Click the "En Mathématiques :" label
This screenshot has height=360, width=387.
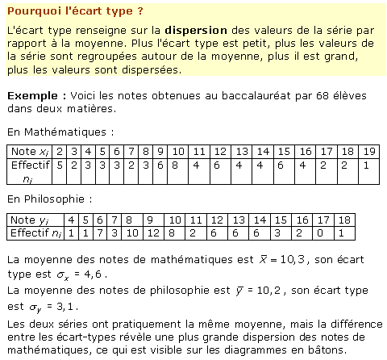pos(60,130)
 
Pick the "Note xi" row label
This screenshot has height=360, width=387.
pos(28,151)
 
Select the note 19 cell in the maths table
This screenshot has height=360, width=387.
pos(368,151)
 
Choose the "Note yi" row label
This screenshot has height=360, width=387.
pos(31,220)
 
